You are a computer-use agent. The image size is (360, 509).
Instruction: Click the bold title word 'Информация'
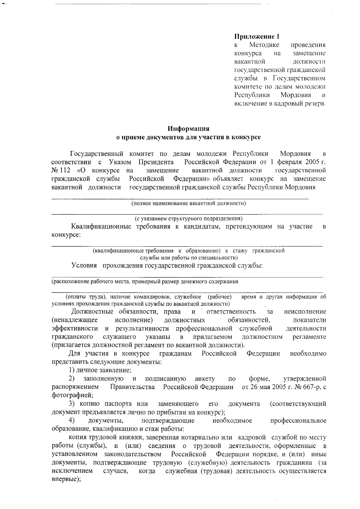click(188, 129)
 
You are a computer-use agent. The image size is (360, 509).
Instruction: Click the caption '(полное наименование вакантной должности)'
click(188, 204)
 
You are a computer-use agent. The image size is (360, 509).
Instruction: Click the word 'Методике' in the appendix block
click(264, 45)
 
